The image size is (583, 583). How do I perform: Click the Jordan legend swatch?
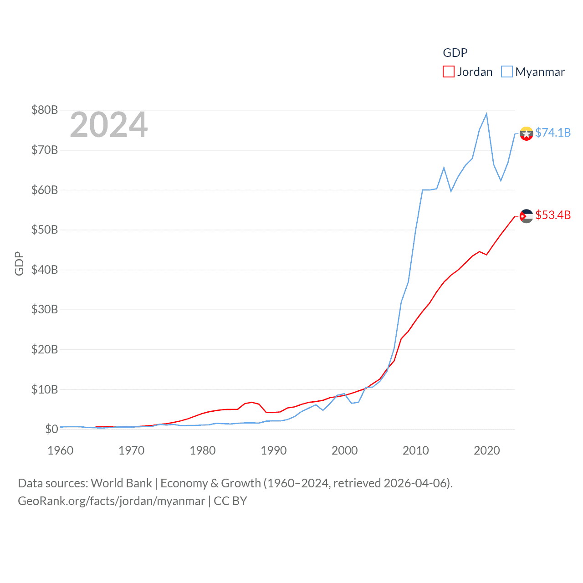pos(449,72)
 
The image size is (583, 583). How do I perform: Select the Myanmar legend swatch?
pos(507,72)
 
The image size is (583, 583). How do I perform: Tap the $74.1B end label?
pos(553,133)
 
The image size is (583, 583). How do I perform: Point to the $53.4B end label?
pos(553,215)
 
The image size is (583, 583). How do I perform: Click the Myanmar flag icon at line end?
pos(527,133)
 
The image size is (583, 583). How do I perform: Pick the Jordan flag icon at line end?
pos(527,216)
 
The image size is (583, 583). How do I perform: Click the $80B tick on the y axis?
pos(45,110)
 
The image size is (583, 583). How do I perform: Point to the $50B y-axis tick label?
pos(45,230)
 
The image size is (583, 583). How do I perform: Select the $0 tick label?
pos(51,429)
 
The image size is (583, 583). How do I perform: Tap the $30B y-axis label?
pos(45,309)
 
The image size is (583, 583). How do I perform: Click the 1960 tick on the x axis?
pos(61,450)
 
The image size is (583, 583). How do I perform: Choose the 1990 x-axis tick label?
pos(274,450)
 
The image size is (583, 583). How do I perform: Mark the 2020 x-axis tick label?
pos(487,450)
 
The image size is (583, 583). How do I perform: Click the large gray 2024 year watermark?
pos(109,125)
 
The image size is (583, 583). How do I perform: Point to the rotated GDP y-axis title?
pos(19,263)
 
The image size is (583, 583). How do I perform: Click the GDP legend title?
pos(455,53)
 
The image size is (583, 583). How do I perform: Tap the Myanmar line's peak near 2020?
pos(486,114)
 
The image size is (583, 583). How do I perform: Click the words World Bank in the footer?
pos(122,483)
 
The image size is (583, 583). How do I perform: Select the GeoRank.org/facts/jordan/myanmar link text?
pos(112,501)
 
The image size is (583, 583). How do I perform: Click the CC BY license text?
pos(230,501)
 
